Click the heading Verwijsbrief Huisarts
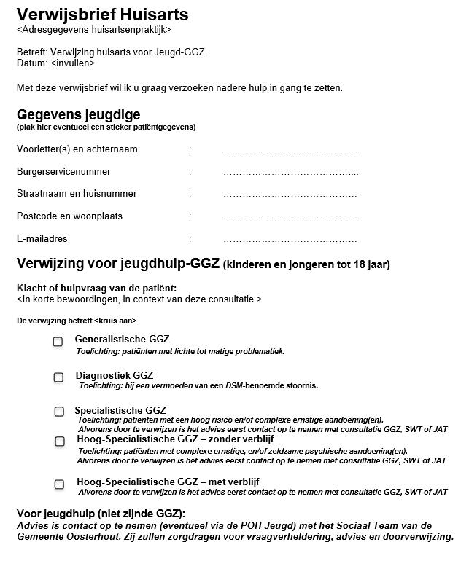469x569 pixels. pyautogui.click(x=102, y=14)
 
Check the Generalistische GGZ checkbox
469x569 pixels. pyautogui.click(x=58, y=341)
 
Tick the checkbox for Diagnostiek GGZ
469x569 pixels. pyautogui.click(x=58, y=377)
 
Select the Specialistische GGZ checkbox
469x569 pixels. pyautogui.click(x=58, y=412)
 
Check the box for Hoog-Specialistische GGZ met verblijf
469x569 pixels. pyautogui.click(x=58, y=484)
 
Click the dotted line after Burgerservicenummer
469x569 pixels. pyautogui.click(x=290, y=173)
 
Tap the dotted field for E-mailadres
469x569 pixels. pyautogui.click(x=290, y=240)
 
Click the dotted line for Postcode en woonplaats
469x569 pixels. pyautogui.click(x=290, y=217)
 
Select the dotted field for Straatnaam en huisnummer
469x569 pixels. pyautogui.click(x=290, y=195)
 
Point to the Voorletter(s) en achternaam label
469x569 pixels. pyautogui.click(x=77, y=149)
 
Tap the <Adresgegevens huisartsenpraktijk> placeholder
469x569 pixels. pyautogui.click(x=93, y=30)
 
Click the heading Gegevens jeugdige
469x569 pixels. pyautogui.click(x=78, y=115)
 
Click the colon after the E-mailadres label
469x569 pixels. pyautogui.click(x=190, y=239)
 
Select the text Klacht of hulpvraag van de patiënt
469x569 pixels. pyautogui.click(x=96, y=289)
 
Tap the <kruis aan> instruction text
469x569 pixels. pyautogui.click(x=115, y=321)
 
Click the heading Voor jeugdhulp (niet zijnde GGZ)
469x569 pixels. pyautogui.click(x=101, y=513)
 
